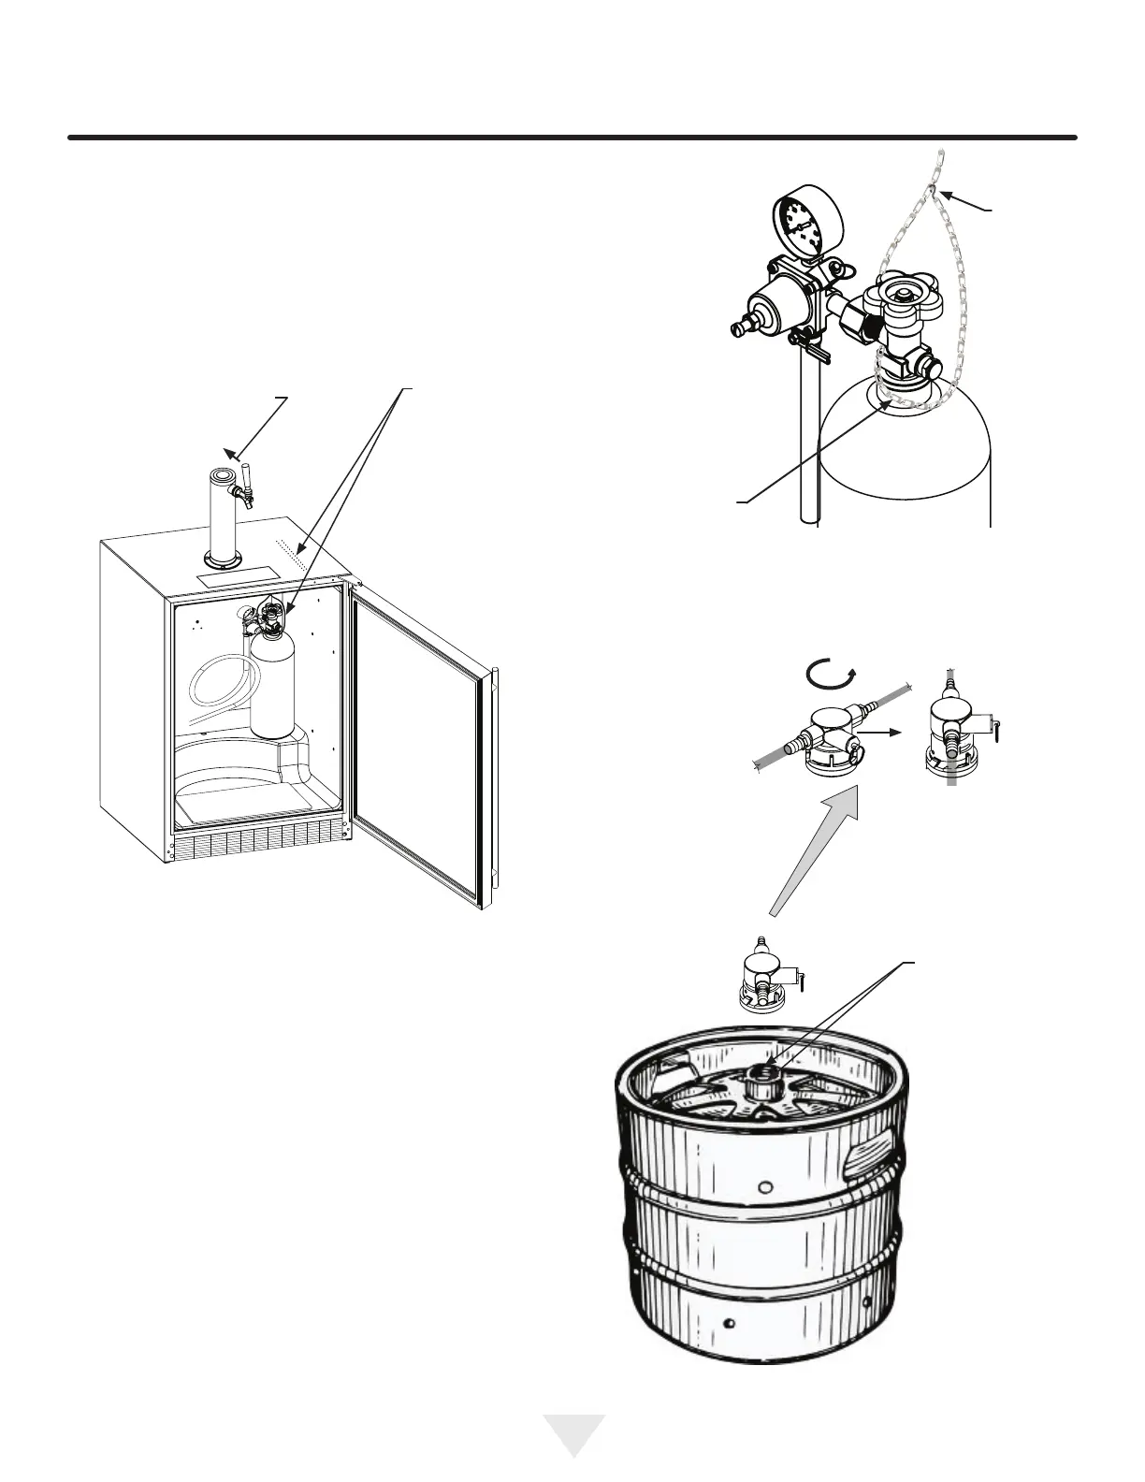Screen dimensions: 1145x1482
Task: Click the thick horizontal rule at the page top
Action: click(572, 138)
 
